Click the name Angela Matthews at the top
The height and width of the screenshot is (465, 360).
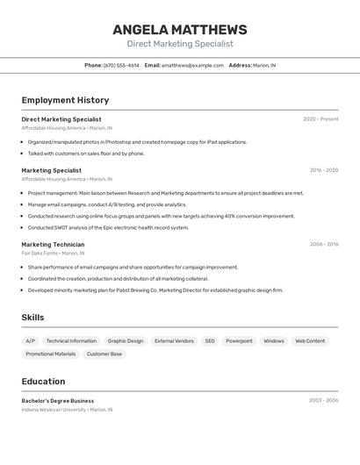coord(180,30)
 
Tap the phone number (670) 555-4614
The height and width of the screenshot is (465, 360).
coord(121,65)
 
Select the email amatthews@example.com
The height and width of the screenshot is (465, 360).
coord(192,65)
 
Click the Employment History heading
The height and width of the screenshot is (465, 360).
coord(65,100)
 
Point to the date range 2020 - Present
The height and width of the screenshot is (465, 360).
coord(320,119)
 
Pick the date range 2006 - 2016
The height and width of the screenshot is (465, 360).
coord(323,245)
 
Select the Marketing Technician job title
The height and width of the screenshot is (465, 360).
coord(53,245)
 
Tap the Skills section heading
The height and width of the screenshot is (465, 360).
coord(33,318)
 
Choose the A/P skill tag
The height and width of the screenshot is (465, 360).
coord(31,341)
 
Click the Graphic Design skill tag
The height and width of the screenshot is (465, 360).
coord(126,341)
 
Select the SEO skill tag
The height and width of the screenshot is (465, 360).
coord(210,341)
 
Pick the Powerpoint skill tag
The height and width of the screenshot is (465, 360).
coord(239,341)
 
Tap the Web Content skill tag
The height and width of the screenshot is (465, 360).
coord(310,341)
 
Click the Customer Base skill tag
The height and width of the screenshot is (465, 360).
coord(104,354)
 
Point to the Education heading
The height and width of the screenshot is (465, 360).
coord(43,382)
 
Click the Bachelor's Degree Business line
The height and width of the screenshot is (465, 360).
coord(58,401)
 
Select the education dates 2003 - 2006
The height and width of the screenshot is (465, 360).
coord(323,401)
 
